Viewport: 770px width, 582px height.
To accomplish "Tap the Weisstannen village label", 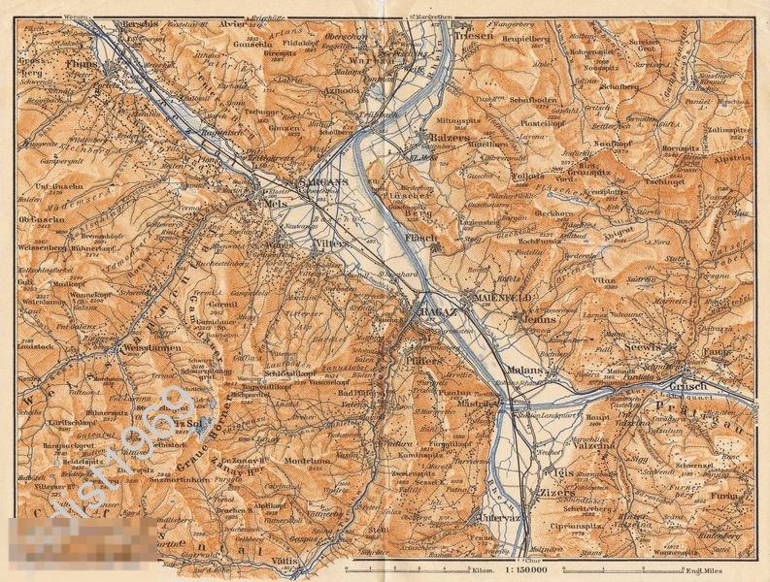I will tap(146, 345).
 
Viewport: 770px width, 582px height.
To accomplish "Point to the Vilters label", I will tap(330, 245).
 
